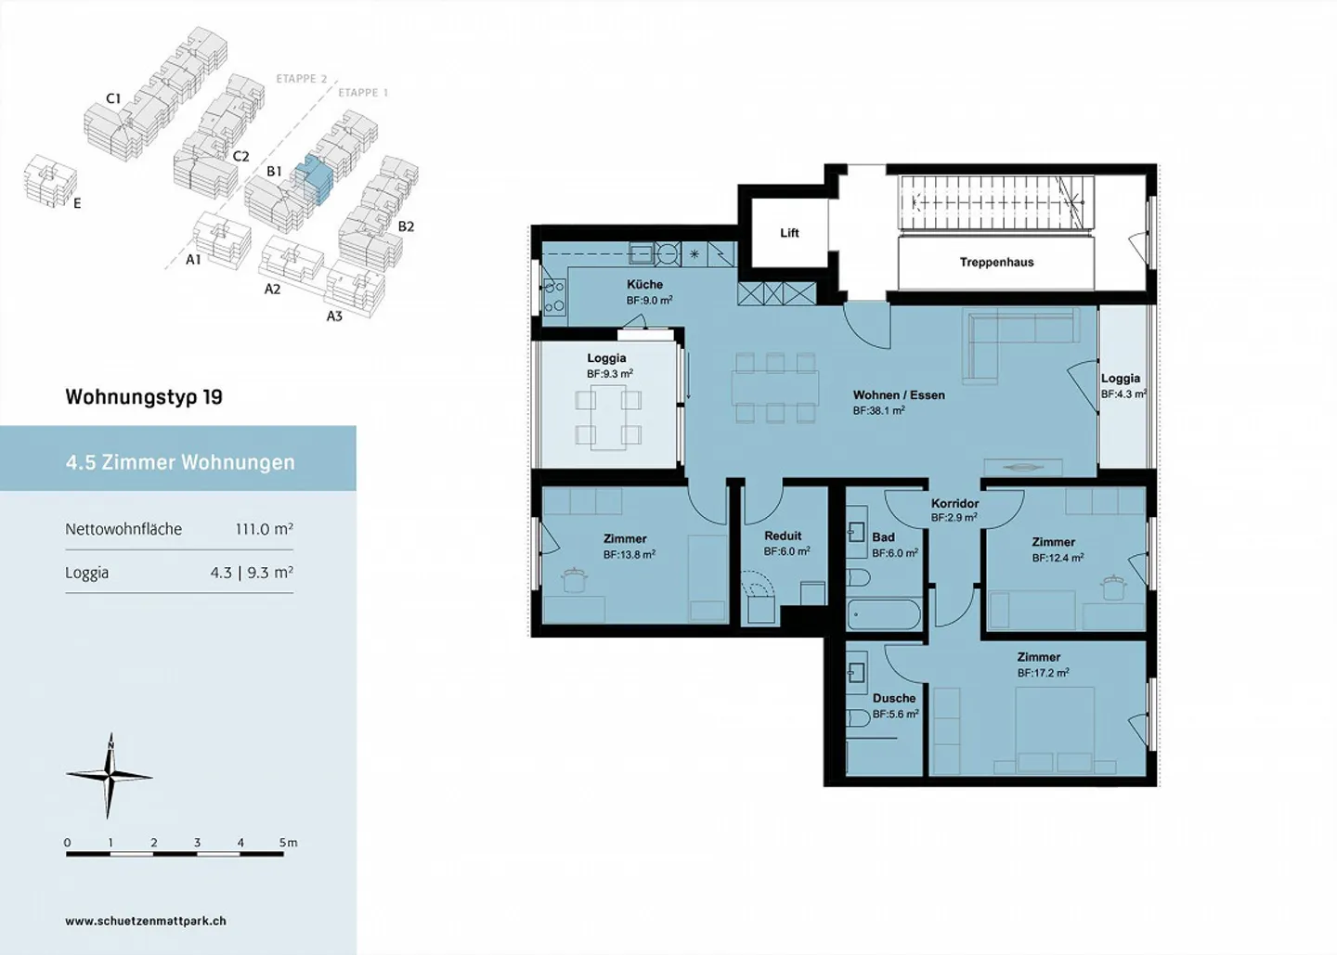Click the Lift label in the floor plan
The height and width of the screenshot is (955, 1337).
(x=789, y=233)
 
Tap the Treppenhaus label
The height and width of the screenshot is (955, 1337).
(x=997, y=262)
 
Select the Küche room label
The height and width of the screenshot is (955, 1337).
(x=644, y=285)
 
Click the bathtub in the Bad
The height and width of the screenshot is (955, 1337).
(x=884, y=614)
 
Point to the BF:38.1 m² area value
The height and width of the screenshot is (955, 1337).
(x=879, y=410)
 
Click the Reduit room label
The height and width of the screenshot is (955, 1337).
(x=783, y=536)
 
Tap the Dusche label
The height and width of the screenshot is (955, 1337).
(x=894, y=698)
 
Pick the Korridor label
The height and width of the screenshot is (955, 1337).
(x=955, y=503)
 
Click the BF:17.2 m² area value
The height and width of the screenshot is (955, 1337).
(x=1044, y=672)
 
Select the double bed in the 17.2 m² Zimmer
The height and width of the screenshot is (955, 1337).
(x=1055, y=730)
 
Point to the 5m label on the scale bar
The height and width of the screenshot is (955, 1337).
(x=288, y=843)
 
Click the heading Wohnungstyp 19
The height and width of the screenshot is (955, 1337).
(x=144, y=396)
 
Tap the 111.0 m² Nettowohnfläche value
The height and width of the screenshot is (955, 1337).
(x=264, y=529)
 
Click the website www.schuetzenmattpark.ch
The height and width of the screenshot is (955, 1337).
(x=146, y=921)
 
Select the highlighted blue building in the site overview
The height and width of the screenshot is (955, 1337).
(x=314, y=179)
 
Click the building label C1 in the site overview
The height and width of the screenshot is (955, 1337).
(x=113, y=98)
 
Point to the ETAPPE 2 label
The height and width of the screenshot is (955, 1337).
(x=302, y=79)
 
